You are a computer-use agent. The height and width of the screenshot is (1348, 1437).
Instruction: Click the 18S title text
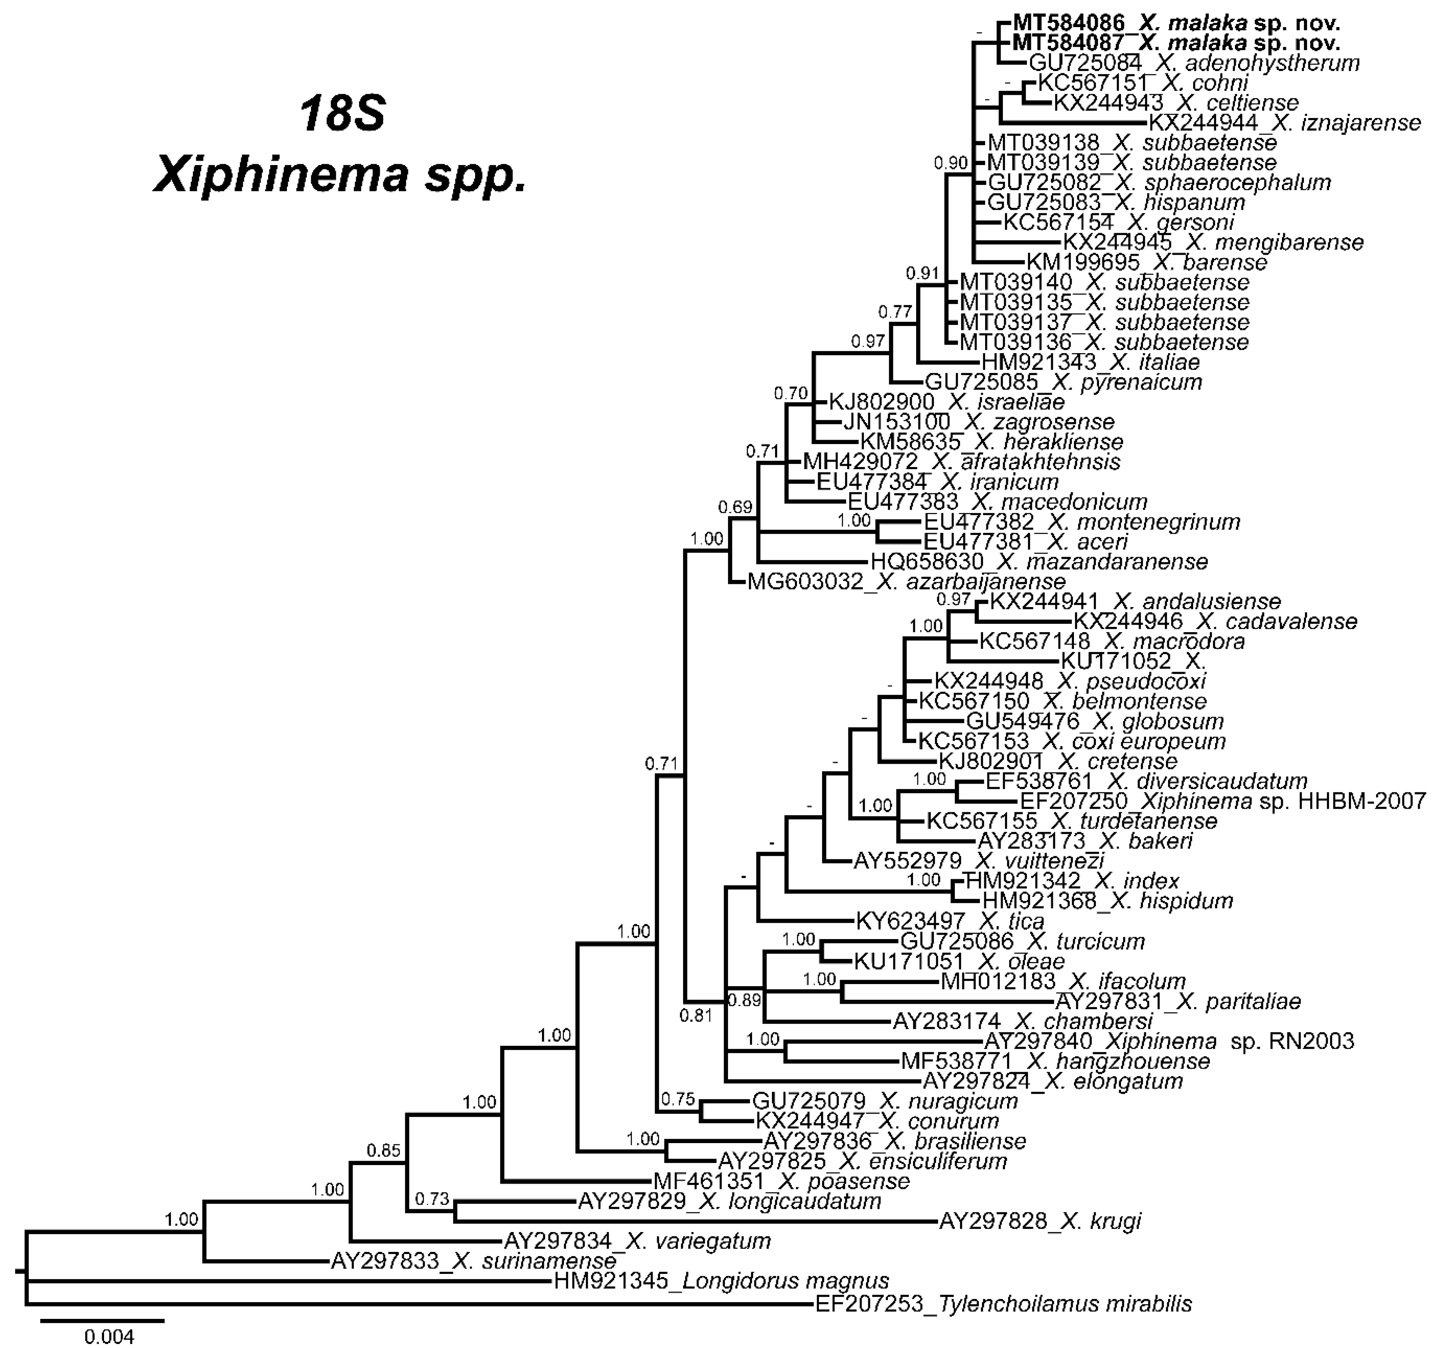344,114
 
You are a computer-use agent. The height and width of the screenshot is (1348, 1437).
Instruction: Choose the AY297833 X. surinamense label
473,1261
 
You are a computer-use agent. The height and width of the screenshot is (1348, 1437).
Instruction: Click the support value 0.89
744,1000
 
